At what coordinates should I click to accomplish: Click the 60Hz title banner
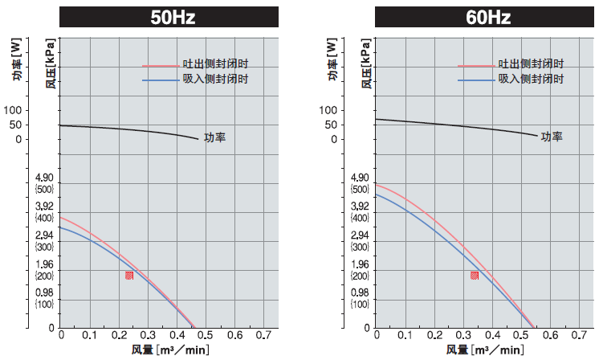487,17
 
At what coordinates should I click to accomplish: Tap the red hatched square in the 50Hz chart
129,276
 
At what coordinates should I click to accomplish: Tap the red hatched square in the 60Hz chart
475,276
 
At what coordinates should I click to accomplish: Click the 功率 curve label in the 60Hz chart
552,137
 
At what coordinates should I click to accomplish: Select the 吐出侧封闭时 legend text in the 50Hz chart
215,64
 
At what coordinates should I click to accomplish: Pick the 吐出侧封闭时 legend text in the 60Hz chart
531,64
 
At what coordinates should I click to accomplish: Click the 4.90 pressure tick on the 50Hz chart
43,178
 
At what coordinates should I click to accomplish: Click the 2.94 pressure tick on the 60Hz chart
360,235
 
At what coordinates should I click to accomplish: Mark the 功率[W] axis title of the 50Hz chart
17,64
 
